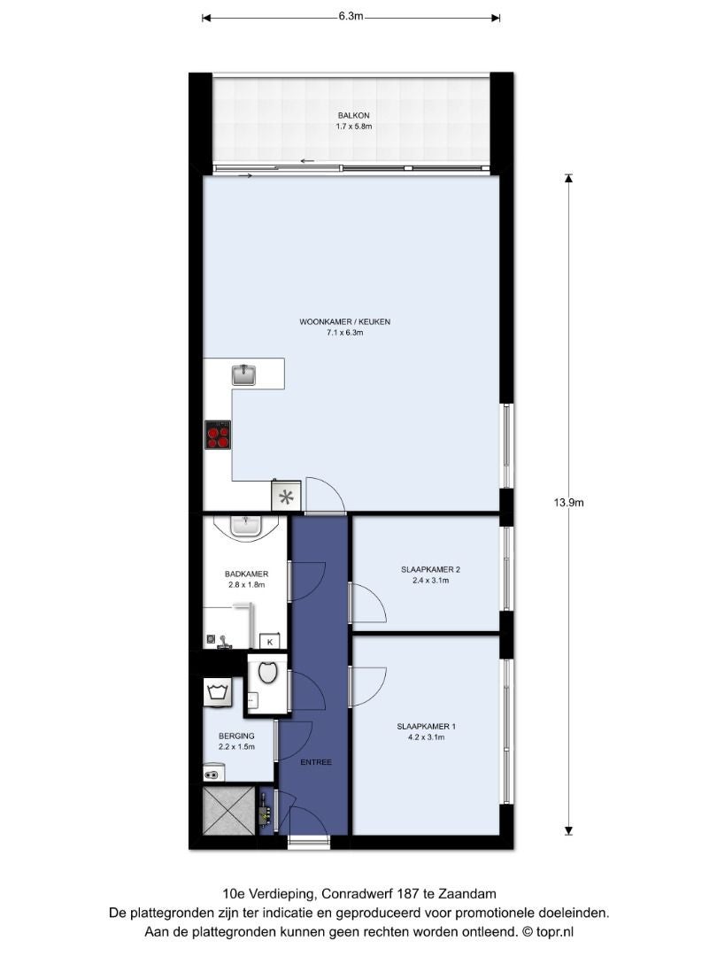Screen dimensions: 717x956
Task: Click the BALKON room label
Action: pos(353,115)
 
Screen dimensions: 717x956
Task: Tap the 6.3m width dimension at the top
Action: pos(351,17)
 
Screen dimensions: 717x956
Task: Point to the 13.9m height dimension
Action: pos(568,503)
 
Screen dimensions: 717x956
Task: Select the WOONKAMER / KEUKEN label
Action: pos(344,321)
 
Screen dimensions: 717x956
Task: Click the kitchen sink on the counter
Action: pos(244,374)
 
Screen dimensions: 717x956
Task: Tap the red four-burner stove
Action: pos(218,435)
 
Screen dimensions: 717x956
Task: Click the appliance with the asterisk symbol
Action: pos(286,497)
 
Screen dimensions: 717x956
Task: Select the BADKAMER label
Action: pos(246,574)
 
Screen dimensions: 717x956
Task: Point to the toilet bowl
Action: pos(268,673)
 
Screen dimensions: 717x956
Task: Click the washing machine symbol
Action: pos(218,694)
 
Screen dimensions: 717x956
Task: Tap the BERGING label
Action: pos(236,736)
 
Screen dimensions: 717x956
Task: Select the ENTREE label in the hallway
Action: pos(316,762)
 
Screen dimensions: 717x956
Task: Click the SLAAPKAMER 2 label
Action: pos(430,569)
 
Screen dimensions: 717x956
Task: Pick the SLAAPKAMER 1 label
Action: pos(426,726)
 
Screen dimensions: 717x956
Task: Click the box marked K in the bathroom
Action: pos(269,642)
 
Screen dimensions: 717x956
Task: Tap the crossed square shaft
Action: pos(228,810)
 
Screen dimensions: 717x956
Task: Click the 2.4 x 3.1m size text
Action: pos(430,581)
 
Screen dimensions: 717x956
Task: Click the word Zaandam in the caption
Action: pos(466,894)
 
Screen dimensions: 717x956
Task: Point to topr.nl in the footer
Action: pos(555,931)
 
